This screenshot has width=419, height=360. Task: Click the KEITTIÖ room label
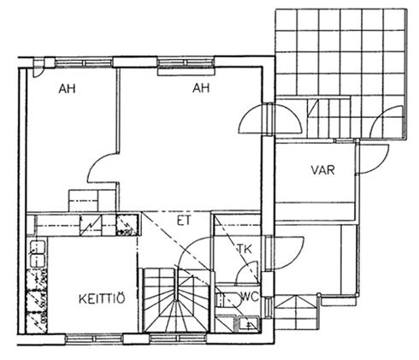click(102, 298)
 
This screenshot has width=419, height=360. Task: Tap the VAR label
click(322, 170)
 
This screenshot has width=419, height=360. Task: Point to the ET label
click(183, 221)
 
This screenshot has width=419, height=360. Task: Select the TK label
click(245, 250)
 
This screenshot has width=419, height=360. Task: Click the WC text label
click(250, 297)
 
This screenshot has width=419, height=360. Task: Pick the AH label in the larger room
click(201, 88)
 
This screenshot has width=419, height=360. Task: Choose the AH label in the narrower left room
click(67, 89)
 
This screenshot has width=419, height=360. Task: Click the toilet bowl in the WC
click(227, 300)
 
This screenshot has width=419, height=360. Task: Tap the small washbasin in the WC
click(249, 324)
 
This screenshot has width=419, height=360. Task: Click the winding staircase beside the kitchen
click(176, 300)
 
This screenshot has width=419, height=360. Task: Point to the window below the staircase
click(178, 339)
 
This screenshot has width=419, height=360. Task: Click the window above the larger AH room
click(186, 62)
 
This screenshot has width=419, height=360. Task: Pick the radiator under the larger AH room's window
click(186, 71)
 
